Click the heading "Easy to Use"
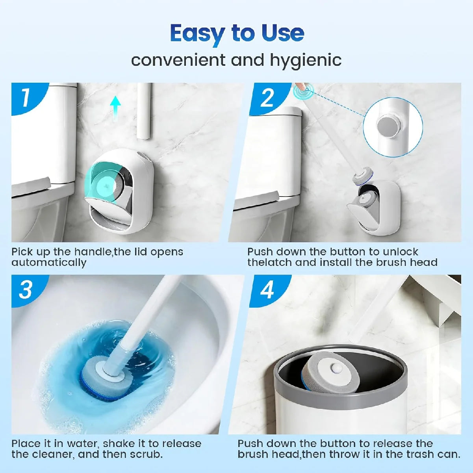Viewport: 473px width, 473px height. coord(237,33)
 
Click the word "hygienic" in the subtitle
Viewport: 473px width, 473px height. coord(306,60)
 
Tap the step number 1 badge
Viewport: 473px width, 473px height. coord(26,97)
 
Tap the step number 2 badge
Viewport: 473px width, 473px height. coord(267,97)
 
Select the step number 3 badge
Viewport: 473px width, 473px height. coord(26,290)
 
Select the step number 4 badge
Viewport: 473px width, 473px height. coord(267,290)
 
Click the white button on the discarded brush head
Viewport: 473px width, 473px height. coord(336,368)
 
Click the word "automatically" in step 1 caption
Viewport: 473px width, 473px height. coord(49,263)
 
